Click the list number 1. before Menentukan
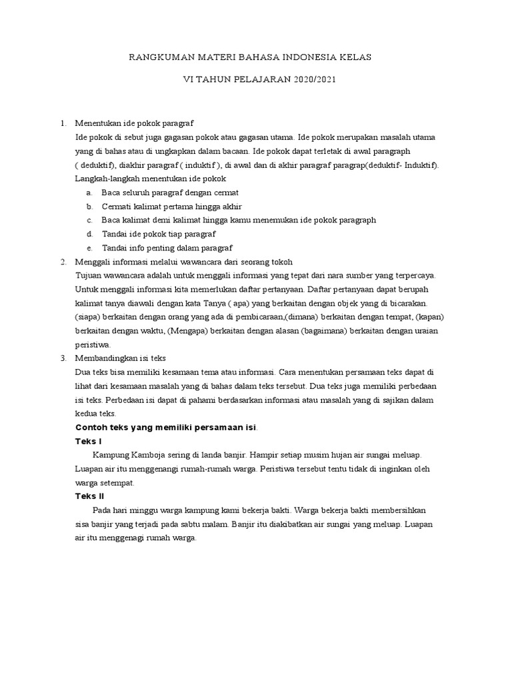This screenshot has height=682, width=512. pos(63,123)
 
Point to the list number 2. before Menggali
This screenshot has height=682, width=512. pos(63,262)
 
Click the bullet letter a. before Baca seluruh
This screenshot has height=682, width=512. pos(89,192)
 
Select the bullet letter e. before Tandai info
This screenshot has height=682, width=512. pos(89,248)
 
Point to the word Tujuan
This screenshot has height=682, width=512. pos(91,275)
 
